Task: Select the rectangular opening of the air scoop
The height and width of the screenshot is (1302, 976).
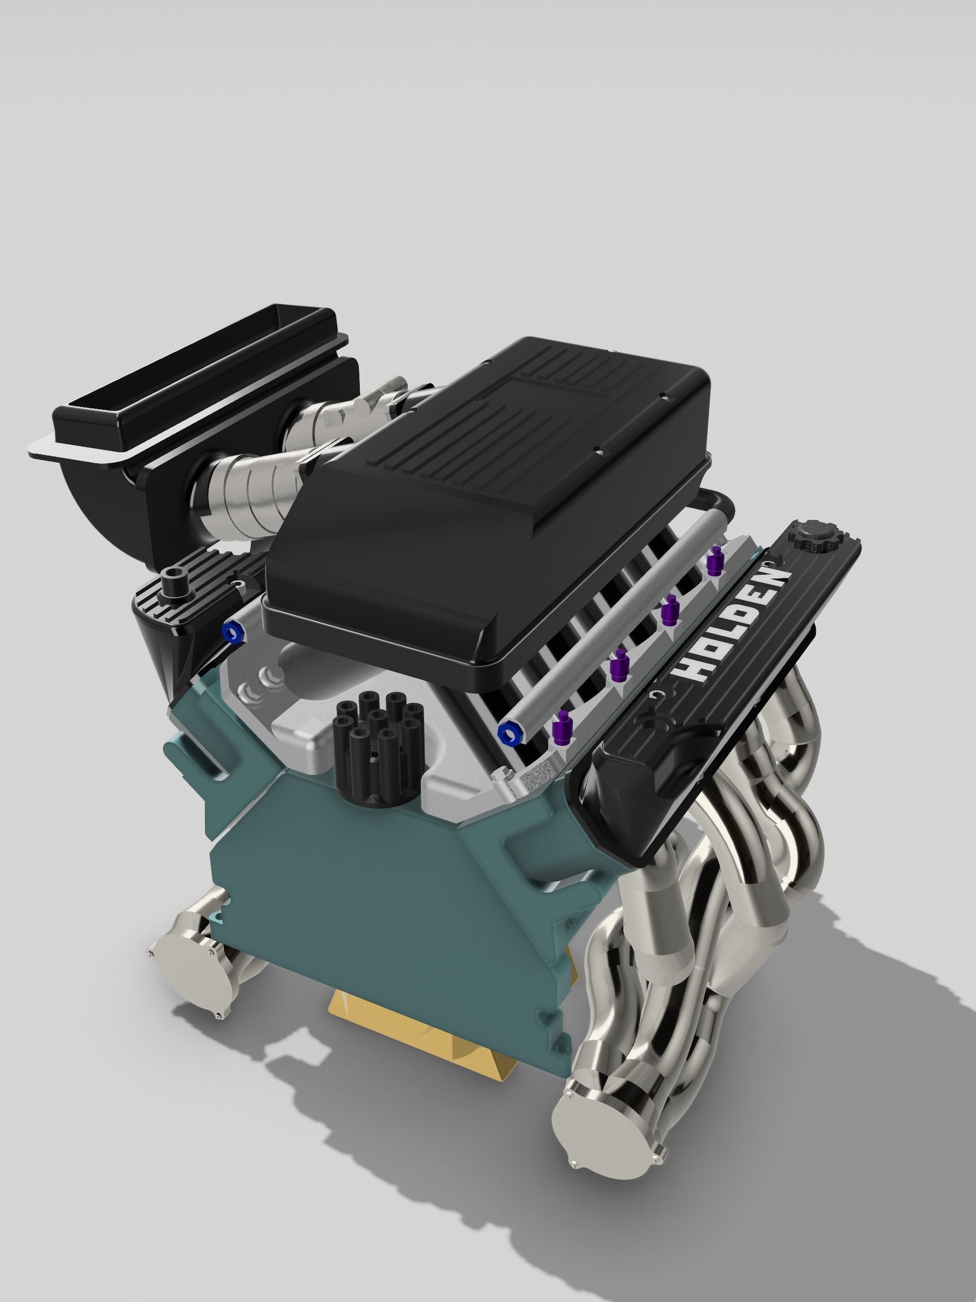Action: point(194,376)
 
